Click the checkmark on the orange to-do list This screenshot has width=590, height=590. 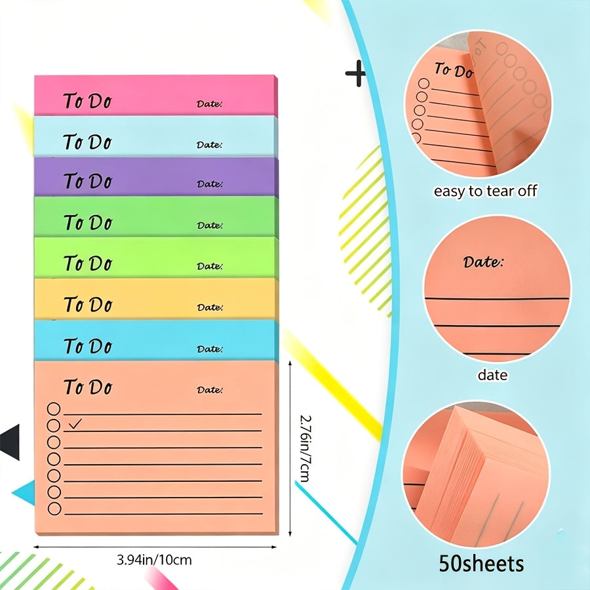tap(75, 423)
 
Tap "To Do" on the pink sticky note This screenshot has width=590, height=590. tap(88, 101)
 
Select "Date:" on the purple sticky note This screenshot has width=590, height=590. tap(210, 184)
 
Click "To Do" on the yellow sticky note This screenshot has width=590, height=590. tap(88, 304)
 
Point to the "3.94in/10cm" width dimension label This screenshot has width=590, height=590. tap(154, 560)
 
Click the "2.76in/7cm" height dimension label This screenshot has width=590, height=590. tap(305, 448)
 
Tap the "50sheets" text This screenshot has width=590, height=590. tap(481, 564)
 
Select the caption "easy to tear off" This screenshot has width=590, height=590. tap(485, 191)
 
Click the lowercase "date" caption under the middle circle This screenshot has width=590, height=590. tap(492, 375)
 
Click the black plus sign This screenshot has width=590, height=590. tap(355, 73)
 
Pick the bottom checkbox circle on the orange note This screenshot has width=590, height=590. tap(54, 509)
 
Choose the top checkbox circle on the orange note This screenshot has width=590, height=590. tap(54, 408)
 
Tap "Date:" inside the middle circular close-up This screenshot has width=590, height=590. tap(483, 262)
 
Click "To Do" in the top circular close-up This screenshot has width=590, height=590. tap(454, 70)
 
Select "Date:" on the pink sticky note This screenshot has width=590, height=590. tap(209, 104)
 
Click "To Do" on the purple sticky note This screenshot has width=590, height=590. tap(88, 181)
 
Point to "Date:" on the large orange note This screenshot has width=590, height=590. tap(210, 389)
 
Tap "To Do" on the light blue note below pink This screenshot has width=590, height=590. tap(88, 142)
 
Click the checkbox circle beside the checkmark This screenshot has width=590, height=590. tap(54, 425)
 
